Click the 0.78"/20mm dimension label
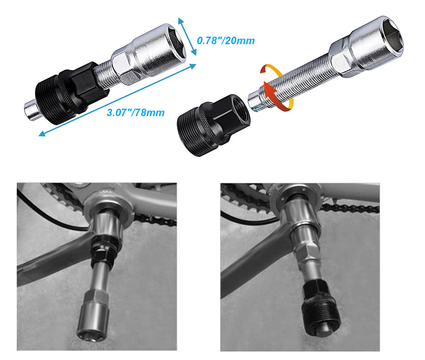tap(226, 41)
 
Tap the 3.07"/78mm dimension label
tap(135, 113)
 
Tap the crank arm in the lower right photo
tap(255, 262)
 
